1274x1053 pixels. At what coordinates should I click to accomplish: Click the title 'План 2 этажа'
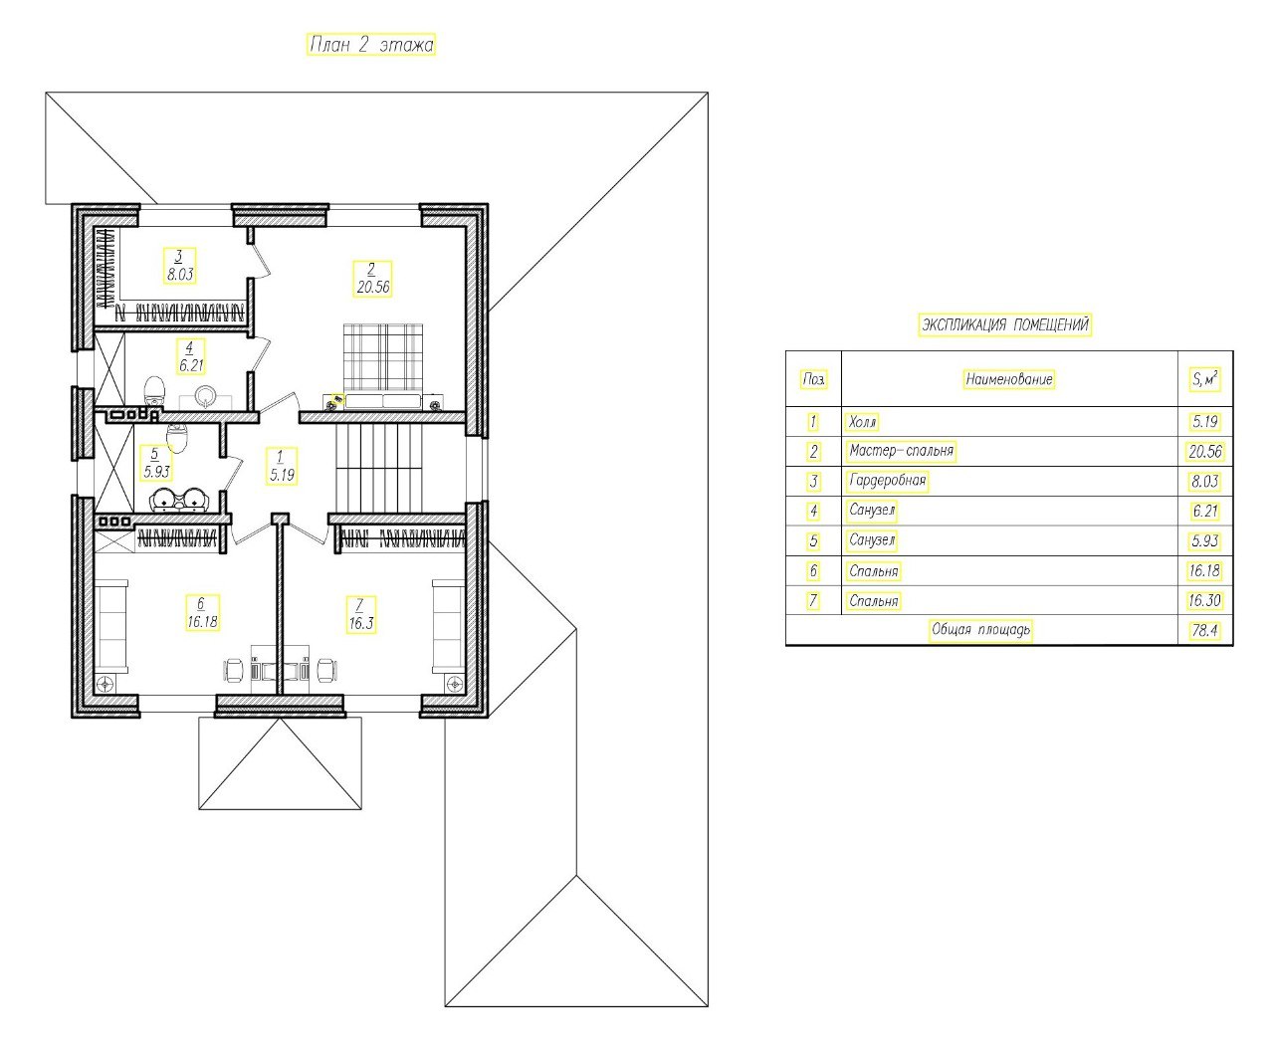[370, 45]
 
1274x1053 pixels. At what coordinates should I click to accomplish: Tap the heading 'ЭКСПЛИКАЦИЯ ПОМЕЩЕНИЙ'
[1004, 324]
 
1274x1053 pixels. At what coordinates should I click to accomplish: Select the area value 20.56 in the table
[1205, 452]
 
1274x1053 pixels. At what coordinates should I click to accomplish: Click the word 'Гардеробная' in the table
[887, 481]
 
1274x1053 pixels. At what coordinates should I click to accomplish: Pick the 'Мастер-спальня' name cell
[901, 451]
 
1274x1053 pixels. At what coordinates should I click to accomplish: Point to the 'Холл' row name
[862, 422]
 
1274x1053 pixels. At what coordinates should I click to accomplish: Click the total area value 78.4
[1204, 630]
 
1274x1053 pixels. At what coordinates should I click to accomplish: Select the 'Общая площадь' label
[980, 630]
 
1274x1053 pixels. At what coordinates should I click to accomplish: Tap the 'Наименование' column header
[1008, 379]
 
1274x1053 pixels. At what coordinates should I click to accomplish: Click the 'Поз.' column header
[813, 379]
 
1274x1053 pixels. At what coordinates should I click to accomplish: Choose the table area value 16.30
[1204, 600]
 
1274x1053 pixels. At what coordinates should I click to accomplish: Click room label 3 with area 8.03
[180, 266]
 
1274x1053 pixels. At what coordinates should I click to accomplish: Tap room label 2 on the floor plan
[372, 279]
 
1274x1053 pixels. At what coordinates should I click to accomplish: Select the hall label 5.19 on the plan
[282, 467]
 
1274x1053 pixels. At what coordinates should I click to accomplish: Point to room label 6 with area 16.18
[202, 613]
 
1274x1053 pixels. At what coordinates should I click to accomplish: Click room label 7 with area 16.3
[360, 615]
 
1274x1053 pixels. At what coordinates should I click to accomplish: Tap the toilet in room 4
[154, 390]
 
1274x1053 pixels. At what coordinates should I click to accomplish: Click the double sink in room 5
[180, 499]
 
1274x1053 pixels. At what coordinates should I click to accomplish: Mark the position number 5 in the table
[813, 541]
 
